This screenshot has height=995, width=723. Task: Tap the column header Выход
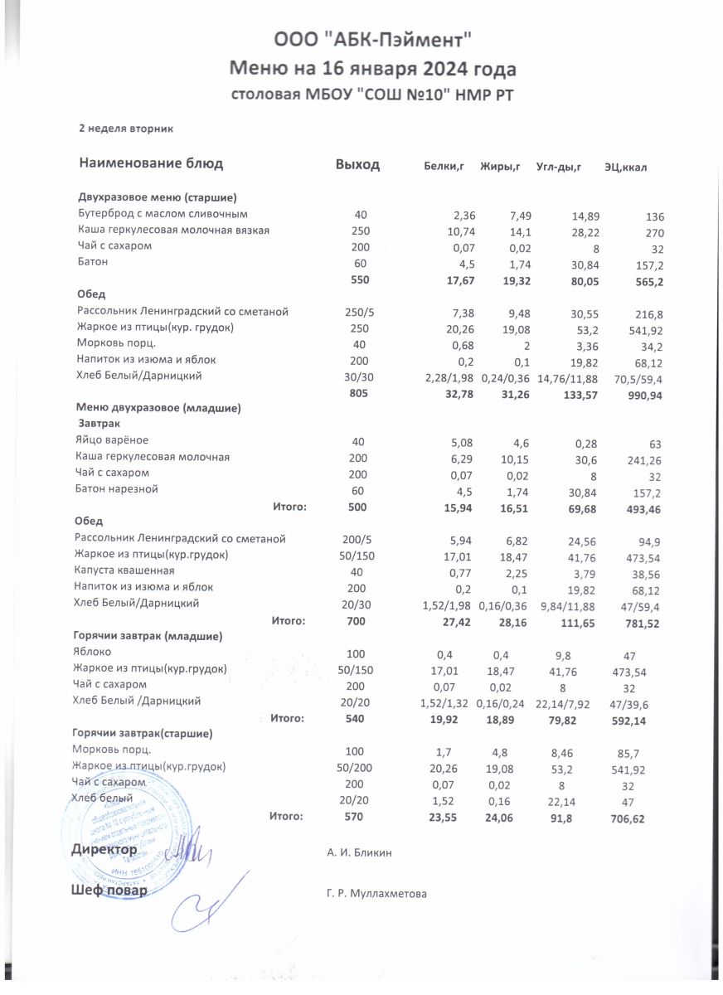pyautogui.click(x=357, y=164)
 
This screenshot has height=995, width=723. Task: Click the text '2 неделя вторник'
pyautogui.click(x=124, y=129)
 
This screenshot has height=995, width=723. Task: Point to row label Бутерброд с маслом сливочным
pyautogui.click(x=163, y=214)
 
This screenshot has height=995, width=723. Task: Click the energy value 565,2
pyautogui.click(x=648, y=282)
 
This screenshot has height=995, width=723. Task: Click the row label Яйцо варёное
pyautogui.click(x=112, y=440)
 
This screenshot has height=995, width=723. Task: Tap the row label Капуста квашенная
pyautogui.click(x=124, y=570)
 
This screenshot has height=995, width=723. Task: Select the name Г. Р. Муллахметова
pyautogui.click(x=377, y=893)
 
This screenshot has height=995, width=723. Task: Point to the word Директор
pyautogui.click(x=104, y=851)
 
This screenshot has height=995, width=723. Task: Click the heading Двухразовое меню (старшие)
pyautogui.click(x=158, y=197)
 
